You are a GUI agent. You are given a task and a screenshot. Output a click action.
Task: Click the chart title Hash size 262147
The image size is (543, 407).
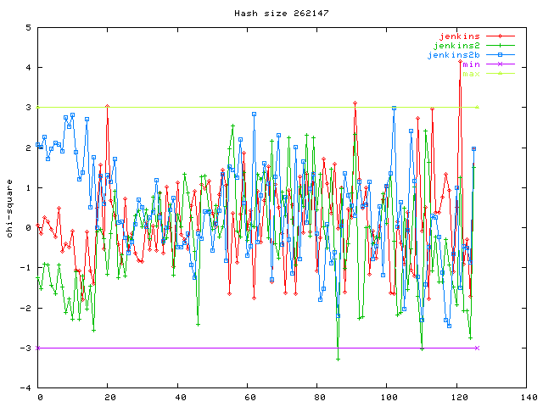[x=271, y=13]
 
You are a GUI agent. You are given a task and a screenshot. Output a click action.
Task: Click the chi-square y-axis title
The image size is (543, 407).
[x=9, y=208]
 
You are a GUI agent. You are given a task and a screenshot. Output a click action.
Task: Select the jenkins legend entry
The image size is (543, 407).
[x=459, y=36]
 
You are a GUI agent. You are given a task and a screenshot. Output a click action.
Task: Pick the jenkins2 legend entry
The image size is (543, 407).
[x=456, y=46]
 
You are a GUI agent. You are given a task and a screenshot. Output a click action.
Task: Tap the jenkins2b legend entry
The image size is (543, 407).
[x=453, y=55]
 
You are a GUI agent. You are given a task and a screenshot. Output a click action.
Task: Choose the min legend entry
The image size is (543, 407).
[x=472, y=64]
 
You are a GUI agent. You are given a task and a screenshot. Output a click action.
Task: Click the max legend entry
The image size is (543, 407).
[x=472, y=74]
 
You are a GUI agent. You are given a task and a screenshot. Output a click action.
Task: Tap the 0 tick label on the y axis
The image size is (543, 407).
[x=28, y=227]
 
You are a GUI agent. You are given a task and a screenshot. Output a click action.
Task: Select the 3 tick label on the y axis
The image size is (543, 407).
[x=28, y=108]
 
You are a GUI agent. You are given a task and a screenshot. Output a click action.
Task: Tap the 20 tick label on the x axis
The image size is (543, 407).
[x=108, y=397]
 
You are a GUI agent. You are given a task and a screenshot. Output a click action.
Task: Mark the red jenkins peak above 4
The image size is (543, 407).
[x=460, y=61]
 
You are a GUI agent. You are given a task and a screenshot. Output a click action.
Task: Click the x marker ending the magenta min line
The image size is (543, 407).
[x=478, y=348]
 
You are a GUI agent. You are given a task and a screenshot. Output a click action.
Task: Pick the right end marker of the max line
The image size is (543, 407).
[x=478, y=107]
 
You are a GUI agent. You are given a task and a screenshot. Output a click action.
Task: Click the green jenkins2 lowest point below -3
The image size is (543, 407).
[x=338, y=359]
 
